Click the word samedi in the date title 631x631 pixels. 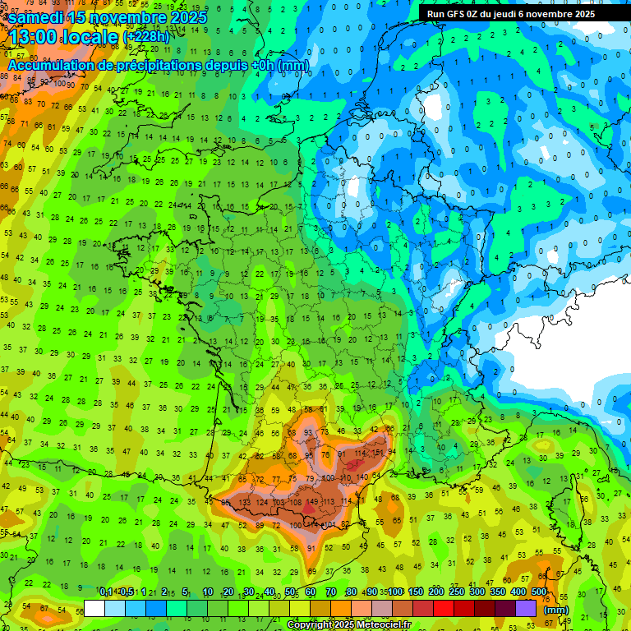point(39,16)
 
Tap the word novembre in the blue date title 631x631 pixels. point(127,16)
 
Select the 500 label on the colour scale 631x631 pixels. point(538,592)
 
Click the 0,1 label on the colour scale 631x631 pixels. point(106,592)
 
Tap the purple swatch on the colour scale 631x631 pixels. point(526,608)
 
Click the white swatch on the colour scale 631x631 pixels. point(94,608)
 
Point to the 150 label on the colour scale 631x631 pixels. point(416,592)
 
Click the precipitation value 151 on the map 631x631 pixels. point(379,452)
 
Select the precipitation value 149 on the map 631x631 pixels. point(311,503)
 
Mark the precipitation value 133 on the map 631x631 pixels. point(244,503)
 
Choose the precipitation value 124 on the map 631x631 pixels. point(262,503)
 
